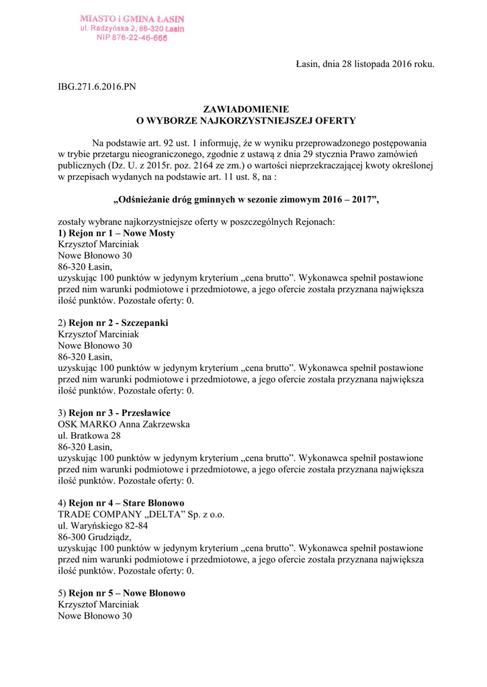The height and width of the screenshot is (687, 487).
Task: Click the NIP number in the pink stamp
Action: coord(132,39)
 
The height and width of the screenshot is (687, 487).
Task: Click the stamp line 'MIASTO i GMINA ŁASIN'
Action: coord(132,19)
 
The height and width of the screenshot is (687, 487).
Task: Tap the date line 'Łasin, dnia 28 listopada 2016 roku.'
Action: coord(365,64)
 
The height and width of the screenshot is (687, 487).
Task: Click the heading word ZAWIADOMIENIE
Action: coord(246,109)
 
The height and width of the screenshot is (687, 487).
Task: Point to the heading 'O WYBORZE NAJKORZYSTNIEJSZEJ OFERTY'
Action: coord(246,120)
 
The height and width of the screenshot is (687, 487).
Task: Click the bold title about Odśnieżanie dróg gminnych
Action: coord(246,199)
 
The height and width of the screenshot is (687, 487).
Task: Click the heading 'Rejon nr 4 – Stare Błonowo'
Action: coord(126,503)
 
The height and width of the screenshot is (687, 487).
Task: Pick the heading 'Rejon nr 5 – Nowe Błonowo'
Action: coord(127,593)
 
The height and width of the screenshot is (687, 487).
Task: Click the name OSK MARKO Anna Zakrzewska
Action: coord(124,424)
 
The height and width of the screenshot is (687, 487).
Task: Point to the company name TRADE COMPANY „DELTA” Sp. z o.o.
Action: coord(141,514)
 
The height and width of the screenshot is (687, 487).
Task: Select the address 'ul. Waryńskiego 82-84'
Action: coord(102,525)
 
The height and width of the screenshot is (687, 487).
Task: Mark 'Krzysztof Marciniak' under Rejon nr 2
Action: coord(99,334)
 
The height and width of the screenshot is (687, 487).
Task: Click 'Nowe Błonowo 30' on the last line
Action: coord(95,615)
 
